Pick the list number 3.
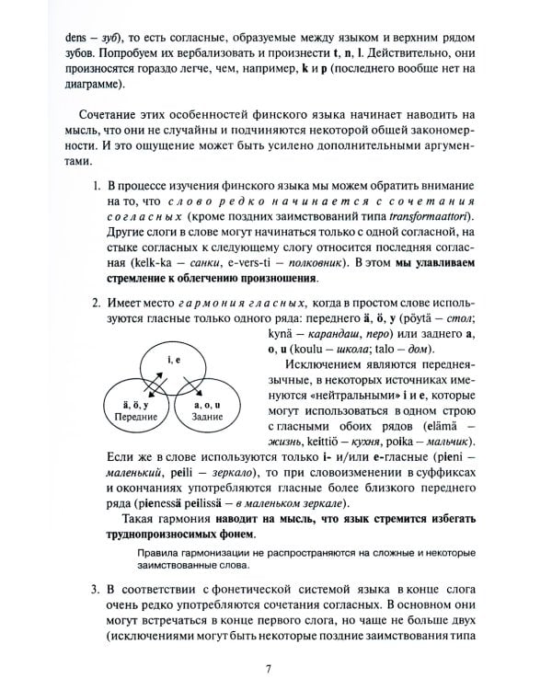[97, 587]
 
